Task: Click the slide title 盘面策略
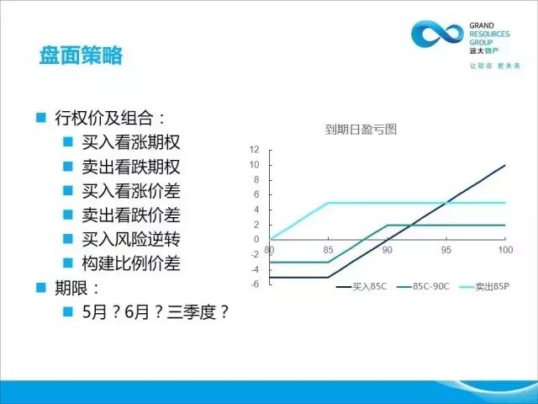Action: tap(81, 55)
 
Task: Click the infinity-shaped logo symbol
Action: tap(437, 34)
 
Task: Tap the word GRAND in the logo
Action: tap(482, 25)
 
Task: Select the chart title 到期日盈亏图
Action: tap(361, 130)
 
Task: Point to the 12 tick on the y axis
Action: tap(254, 150)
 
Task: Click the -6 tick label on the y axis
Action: tap(255, 284)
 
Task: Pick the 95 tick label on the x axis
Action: tap(446, 250)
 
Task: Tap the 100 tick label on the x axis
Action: tap(505, 250)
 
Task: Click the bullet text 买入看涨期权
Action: tap(131, 142)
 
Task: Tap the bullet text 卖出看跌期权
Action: tap(131, 167)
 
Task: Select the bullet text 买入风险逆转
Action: tap(131, 239)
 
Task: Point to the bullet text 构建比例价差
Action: tap(131, 263)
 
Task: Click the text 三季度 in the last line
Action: tap(191, 312)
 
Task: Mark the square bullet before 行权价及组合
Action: tap(41, 118)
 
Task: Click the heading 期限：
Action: tap(76, 288)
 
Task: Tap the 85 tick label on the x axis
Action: tap(328, 250)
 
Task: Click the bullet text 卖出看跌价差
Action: tap(131, 215)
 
